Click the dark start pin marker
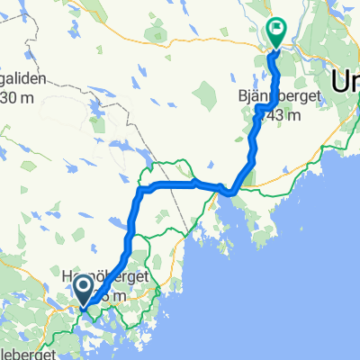[x=84, y=290]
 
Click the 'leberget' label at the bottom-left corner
[x=27, y=353]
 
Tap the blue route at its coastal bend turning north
[x=233, y=190]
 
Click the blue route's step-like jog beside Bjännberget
[x=261, y=110]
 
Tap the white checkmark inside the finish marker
[x=275, y=29]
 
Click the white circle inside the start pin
[x=84, y=286]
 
